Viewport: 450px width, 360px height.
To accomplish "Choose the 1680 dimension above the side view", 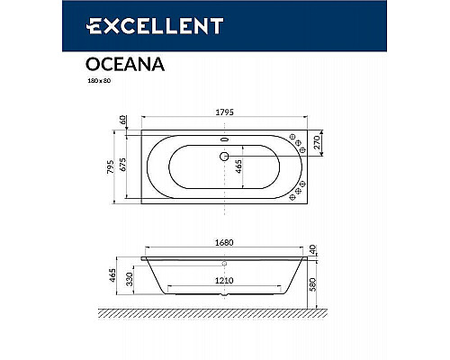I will click(x=221, y=241).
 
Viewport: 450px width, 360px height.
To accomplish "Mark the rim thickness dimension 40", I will click(x=312, y=248).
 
